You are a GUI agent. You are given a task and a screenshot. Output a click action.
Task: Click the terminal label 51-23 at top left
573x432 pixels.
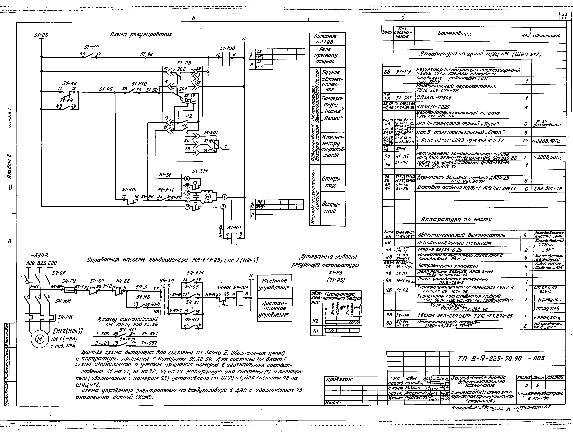(41, 35)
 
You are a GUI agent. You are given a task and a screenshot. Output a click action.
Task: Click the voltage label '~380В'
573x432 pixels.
(39, 255)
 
